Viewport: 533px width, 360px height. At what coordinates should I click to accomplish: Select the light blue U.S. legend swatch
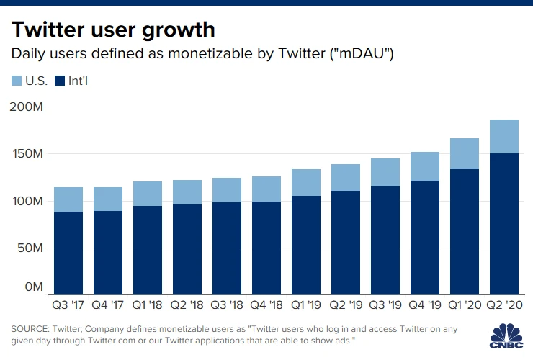pyautogui.click(x=17, y=81)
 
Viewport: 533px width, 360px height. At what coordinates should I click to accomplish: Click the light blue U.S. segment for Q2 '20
pyautogui.click(x=503, y=136)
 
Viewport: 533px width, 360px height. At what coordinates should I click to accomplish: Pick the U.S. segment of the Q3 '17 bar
pyautogui.click(x=68, y=199)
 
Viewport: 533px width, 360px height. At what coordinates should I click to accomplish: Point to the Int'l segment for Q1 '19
pyautogui.click(x=305, y=245)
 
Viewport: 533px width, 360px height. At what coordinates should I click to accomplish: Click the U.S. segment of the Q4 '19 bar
pyautogui.click(x=424, y=166)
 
